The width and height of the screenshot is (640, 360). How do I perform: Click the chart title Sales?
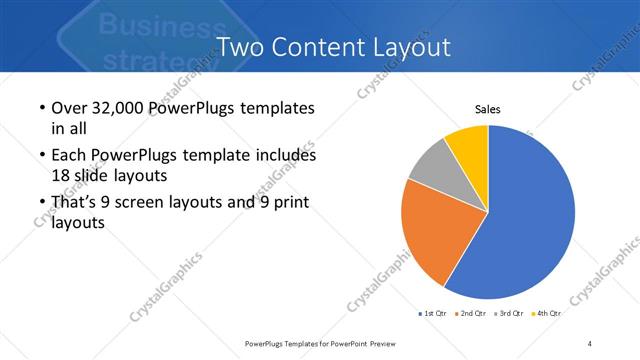(487, 110)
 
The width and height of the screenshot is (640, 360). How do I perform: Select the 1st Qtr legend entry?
(433, 313)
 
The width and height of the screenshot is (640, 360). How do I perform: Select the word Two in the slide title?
(241, 46)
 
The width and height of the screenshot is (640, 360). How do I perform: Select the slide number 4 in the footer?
(590, 343)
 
